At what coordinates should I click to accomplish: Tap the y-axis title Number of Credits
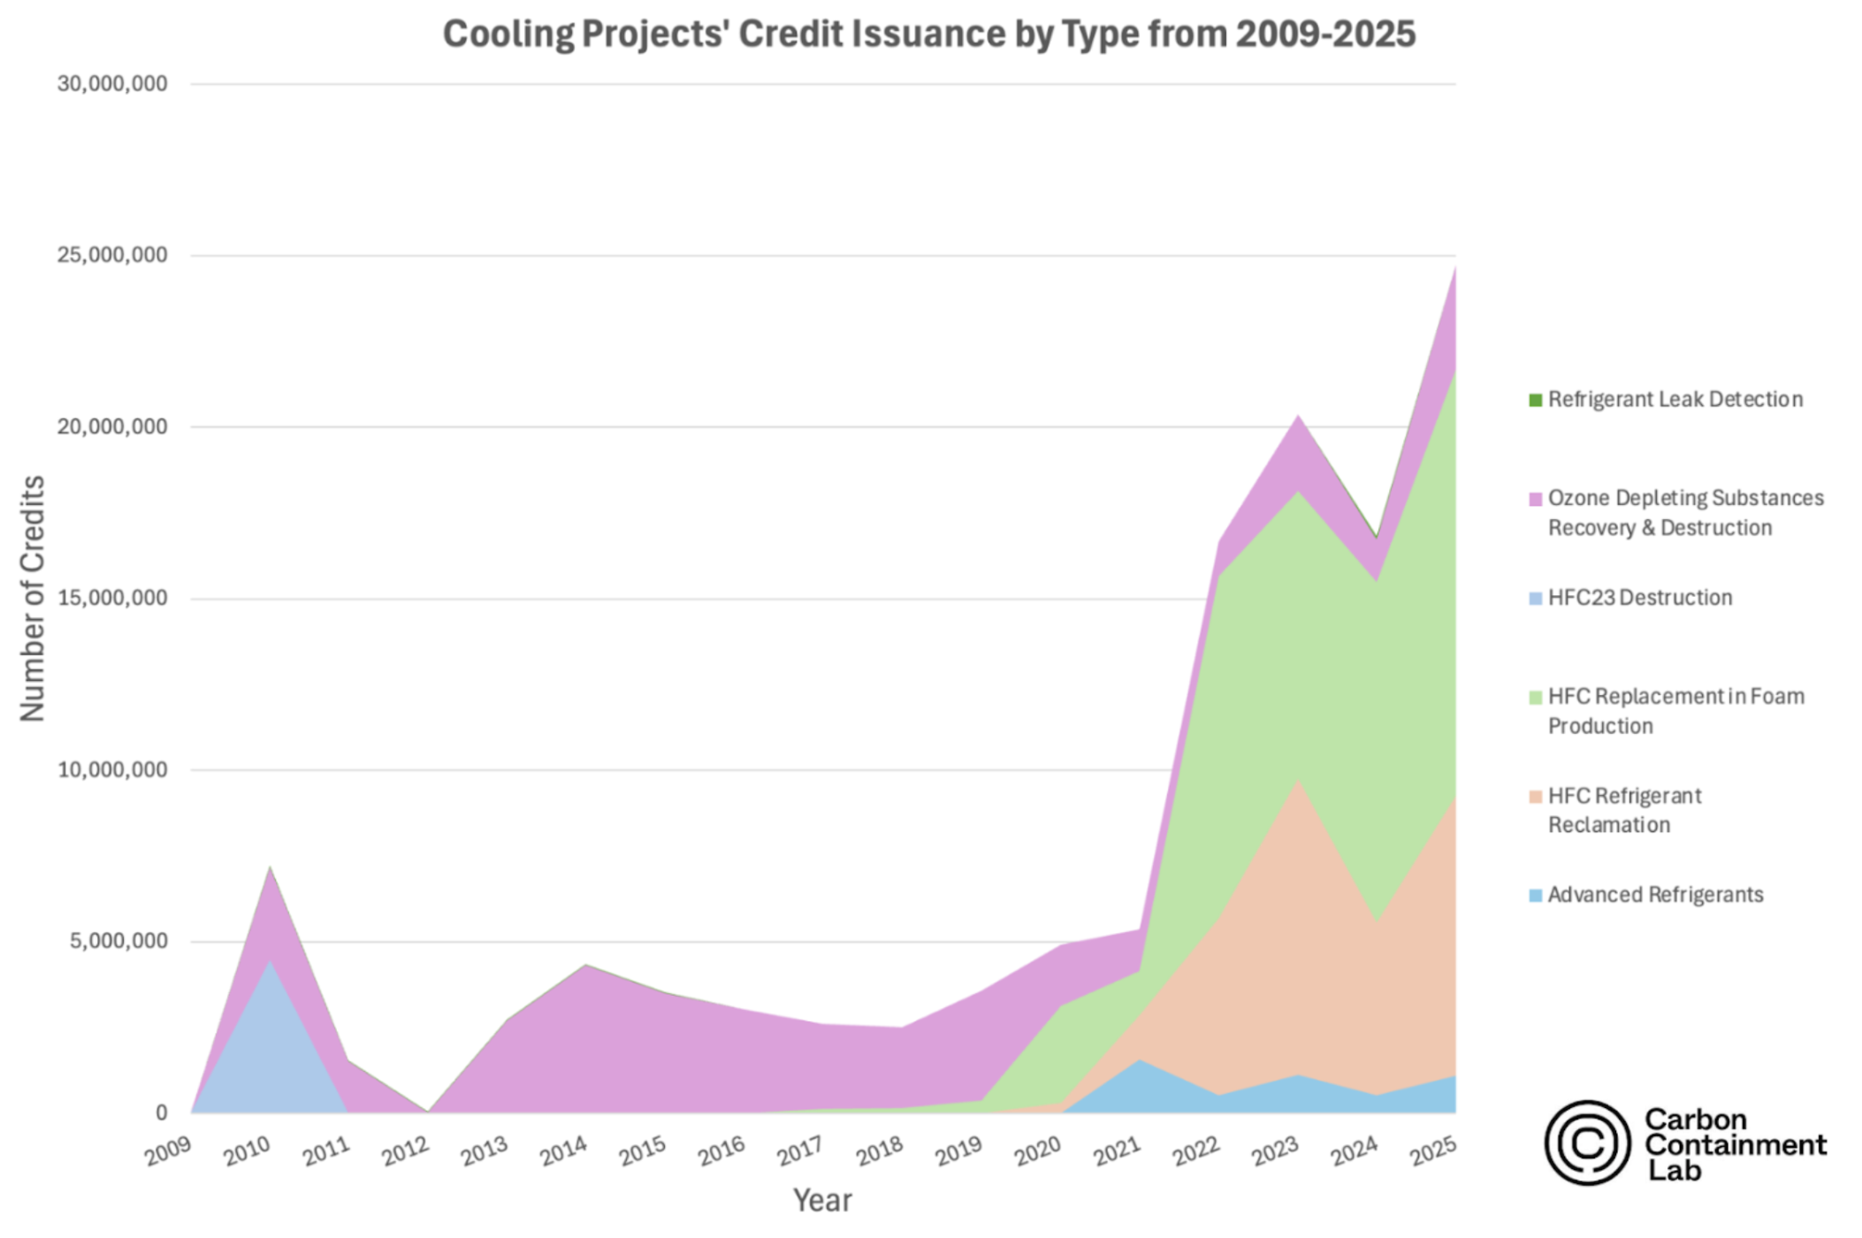[x=33, y=599]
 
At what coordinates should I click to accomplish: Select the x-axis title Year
[x=822, y=1200]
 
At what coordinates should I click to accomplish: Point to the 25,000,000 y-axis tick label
[x=112, y=256]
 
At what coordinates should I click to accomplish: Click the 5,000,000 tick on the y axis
[x=118, y=941]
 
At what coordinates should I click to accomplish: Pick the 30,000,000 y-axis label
[x=112, y=84]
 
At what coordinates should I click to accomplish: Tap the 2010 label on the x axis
[x=247, y=1151]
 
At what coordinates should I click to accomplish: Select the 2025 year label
[x=1432, y=1151]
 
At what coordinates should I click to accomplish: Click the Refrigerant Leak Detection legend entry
[x=1675, y=400]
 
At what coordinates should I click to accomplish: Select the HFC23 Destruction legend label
[x=1639, y=598]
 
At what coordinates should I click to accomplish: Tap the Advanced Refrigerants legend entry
[x=1655, y=895]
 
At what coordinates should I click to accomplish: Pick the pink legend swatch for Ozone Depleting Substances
[x=1535, y=499]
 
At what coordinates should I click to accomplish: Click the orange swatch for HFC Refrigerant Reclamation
[x=1535, y=797]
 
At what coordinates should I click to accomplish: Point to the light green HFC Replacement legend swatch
[x=1535, y=698]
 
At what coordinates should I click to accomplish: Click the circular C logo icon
[x=1587, y=1142]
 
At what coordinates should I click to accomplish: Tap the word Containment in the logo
[x=1735, y=1145]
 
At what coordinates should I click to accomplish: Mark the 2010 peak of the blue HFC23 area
[x=270, y=961]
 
